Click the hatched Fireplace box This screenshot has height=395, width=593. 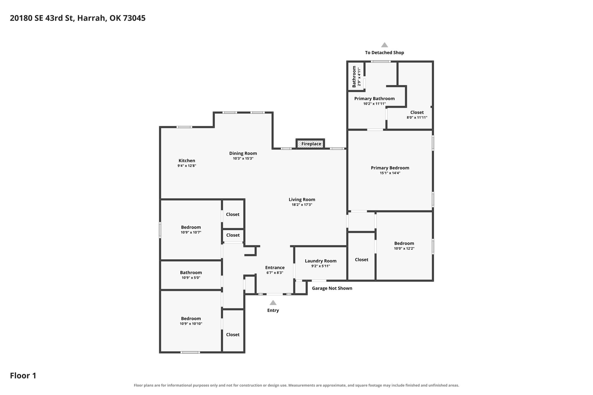pyautogui.click(x=310, y=144)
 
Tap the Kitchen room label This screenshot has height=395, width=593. pyautogui.click(x=187, y=161)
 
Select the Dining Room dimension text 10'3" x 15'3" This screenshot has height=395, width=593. pyautogui.click(x=243, y=159)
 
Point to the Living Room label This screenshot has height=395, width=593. pyautogui.click(x=302, y=199)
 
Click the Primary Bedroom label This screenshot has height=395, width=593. pyautogui.click(x=390, y=168)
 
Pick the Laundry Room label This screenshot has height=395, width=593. pyautogui.click(x=321, y=261)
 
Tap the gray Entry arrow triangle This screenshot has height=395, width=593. pyautogui.click(x=273, y=303)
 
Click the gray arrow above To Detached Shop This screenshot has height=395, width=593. pyautogui.click(x=385, y=45)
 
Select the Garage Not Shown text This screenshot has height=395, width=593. pyautogui.click(x=332, y=288)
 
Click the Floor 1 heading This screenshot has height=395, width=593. pyautogui.click(x=23, y=376)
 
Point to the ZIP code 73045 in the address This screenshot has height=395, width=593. pyautogui.click(x=134, y=18)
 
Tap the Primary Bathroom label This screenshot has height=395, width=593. pyautogui.click(x=374, y=99)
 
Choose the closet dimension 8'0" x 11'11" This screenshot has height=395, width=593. pyautogui.click(x=417, y=117)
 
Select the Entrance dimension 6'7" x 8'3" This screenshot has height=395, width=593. pyautogui.click(x=275, y=273)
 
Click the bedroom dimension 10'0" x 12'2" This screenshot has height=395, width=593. pyautogui.click(x=404, y=248)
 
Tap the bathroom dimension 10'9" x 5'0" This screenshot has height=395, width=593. pyautogui.click(x=191, y=278)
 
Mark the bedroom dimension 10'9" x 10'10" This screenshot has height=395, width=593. pyautogui.click(x=191, y=324)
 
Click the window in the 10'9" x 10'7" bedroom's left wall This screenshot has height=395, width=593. pyautogui.click(x=160, y=230)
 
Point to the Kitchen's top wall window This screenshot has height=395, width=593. pyautogui.click(x=184, y=127)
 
